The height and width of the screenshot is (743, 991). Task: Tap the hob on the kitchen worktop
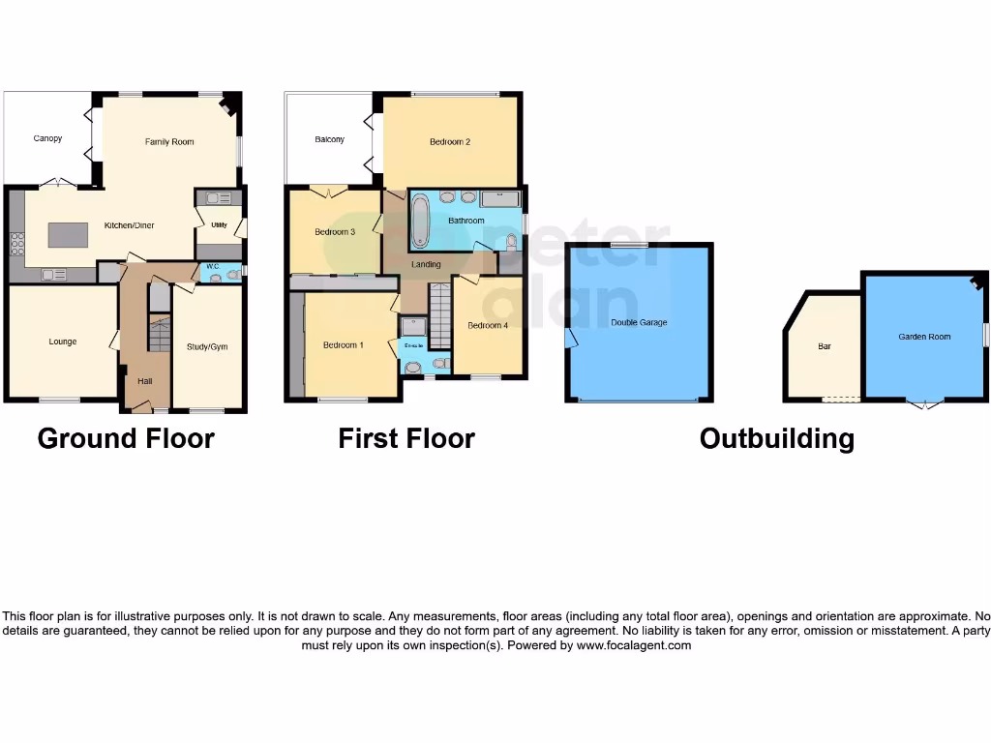(x=15, y=243)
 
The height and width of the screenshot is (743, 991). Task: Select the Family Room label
(x=169, y=142)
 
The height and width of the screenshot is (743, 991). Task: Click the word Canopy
(x=47, y=138)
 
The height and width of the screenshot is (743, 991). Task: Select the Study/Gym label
(x=207, y=346)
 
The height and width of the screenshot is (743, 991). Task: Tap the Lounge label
(x=63, y=342)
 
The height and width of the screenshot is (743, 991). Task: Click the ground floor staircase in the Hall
(x=158, y=334)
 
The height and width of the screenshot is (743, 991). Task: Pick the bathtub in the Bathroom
(x=421, y=221)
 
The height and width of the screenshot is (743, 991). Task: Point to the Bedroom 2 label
(x=450, y=142)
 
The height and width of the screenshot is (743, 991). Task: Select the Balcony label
(x=330, y=139)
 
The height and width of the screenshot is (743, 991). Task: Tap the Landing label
(x=426, y=264)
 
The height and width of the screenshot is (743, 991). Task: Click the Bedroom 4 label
(x=487, y=325)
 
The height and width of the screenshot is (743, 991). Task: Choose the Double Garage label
(x=639, y=322)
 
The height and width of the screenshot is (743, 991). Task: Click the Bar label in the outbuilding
(x=825, y=345)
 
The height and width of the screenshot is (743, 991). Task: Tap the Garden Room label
(x=924, y=337)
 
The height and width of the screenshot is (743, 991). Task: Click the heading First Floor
(x=405, y=438)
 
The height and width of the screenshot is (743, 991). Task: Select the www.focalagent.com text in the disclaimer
(x=634, y=645)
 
